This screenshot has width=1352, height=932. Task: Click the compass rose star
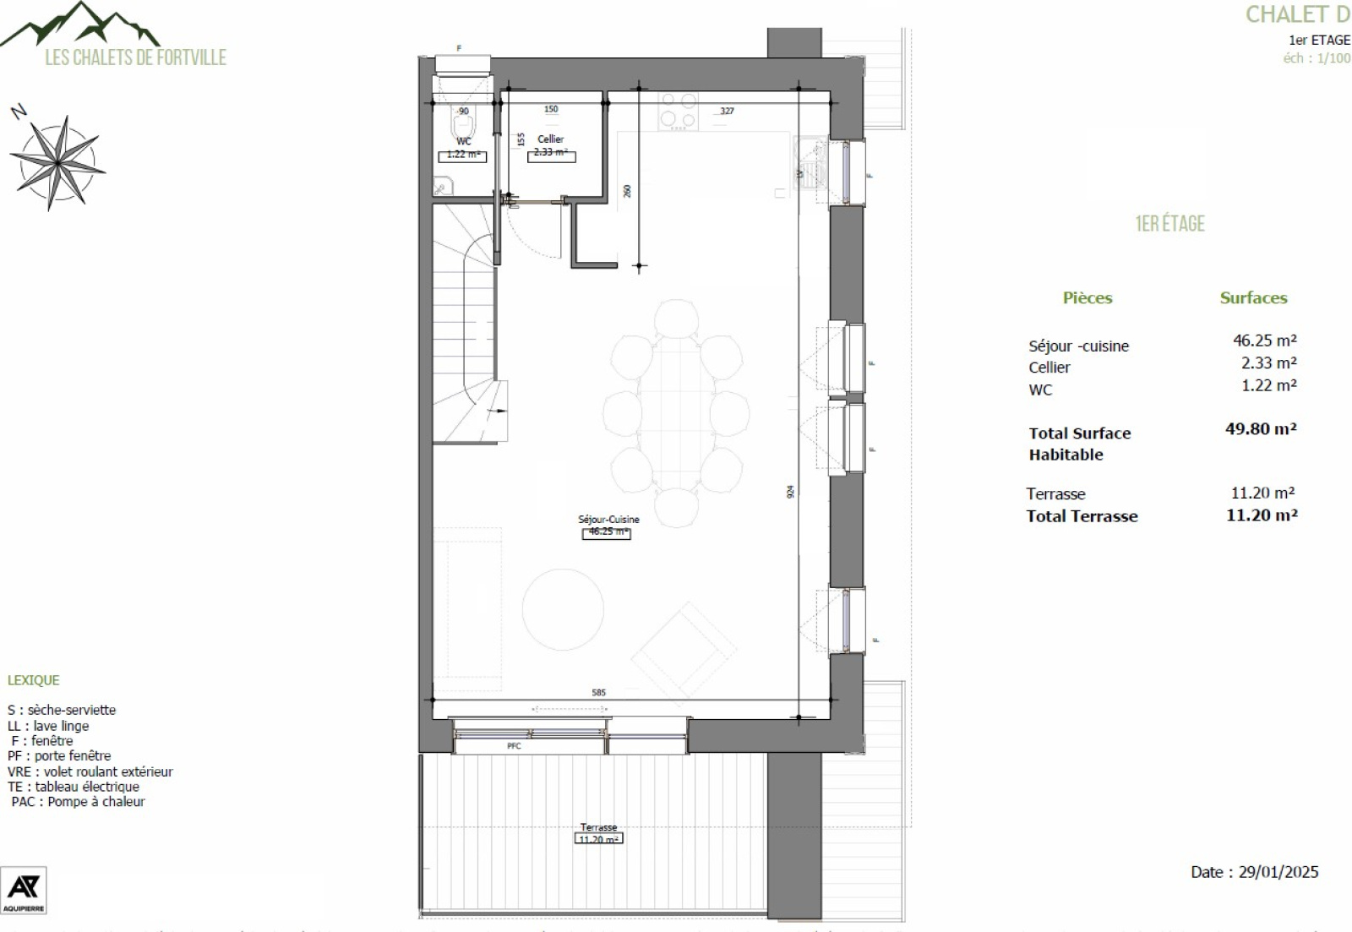point(57,161)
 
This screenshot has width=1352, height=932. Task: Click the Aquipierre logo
point(23,890)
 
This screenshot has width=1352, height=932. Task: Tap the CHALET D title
point(1297,14)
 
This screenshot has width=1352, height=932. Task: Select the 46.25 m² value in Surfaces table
point(1264,341)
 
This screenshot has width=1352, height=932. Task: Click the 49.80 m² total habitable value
point(1261,428)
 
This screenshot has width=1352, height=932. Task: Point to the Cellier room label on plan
point(550,139)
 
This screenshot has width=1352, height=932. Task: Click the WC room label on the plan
point(463,142)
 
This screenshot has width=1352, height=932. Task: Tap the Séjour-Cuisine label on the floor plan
point(608,520)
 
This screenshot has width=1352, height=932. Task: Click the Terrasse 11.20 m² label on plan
point(598,833)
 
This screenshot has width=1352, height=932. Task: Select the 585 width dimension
point(598,692)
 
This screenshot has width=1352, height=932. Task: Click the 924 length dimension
point(790,491)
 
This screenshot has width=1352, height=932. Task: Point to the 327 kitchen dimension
point(727,111)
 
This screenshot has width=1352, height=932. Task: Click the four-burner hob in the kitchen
point(679,111)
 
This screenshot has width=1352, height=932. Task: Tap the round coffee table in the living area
point(563,609)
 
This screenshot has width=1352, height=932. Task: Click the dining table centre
point(676,412)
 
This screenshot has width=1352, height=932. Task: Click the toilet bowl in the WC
point(463,120)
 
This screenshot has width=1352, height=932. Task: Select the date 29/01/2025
point(1254,872)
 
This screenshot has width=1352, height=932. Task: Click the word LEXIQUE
point(34,680)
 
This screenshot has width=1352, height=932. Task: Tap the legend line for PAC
point(78,802)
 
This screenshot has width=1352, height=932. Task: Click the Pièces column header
point(1087,297)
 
